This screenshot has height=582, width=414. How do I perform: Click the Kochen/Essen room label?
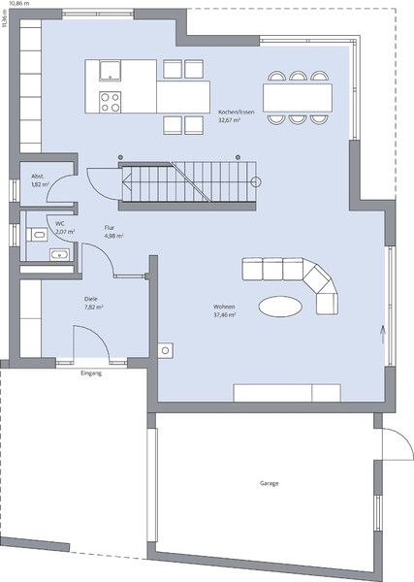pyautogui.click(x=238, y=113)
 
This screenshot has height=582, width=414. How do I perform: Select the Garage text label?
pyautogui.click(x=270, y=482)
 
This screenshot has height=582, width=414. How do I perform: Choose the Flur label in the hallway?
pyautogui.click(x=110, y=227)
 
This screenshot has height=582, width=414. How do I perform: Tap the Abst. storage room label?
pyautogui.click(x=40, y=177)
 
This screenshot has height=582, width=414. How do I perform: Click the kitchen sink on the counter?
pyautogui.click(x=109, y=70)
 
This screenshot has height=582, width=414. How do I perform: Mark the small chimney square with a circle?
pyautogui.click(x=166, y=349)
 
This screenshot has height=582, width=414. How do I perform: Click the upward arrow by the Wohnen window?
pyautogui.click(x=383, y=335)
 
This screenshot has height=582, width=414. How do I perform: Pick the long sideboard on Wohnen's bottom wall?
pyautogui.click(x=287, y=392)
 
